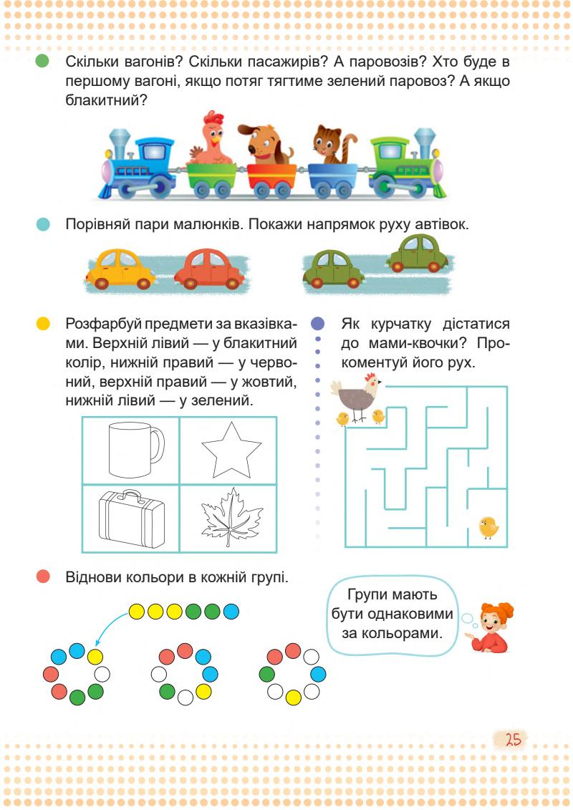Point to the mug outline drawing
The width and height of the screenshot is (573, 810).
130,450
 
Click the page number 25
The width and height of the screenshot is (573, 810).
513,740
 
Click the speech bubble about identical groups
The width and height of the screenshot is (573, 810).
392,615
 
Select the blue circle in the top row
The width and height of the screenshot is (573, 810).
231,612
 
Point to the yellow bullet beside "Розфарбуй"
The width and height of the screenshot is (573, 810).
43,324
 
